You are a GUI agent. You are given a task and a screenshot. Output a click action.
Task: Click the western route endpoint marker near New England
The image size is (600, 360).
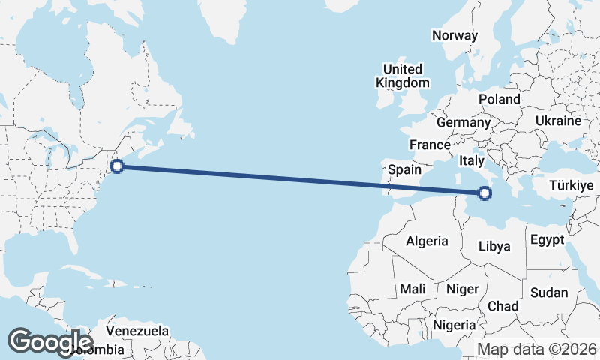click(x=116, y=166)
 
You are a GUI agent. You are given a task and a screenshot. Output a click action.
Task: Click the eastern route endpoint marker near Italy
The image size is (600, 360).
click(x=484, y=193)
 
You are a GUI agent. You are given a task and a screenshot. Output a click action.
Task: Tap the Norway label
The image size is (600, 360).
click(x=454, y=35)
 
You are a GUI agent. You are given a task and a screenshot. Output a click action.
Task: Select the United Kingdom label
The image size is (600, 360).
click(x=403, y=76)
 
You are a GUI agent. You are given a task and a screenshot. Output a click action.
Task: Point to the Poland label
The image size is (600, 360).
click(x=499, y=99)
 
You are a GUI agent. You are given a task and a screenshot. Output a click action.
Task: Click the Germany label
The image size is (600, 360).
click(x=463, y=122)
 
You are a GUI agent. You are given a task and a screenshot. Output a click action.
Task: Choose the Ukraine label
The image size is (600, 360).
click(x=558, y=121)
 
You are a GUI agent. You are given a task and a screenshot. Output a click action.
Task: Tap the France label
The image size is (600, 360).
click(x=430, y=145)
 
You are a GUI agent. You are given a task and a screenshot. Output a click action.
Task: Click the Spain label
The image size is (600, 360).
click(x=404, y=170)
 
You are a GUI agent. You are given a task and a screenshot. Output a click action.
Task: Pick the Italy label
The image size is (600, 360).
click(x=472, y=160)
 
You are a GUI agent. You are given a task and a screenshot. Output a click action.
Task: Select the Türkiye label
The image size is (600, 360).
click(x=571, y=185)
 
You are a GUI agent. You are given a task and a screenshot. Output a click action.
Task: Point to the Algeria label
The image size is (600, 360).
click(x=427, y=241)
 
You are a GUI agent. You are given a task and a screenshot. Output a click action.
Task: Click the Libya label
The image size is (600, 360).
click(x=494, y=246)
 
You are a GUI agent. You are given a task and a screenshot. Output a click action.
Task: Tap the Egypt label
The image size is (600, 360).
click(x=546, y=240)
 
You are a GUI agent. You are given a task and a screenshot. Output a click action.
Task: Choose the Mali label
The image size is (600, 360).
click(x=412, y=289)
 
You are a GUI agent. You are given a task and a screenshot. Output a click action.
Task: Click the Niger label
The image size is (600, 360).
click(x=462, y=289)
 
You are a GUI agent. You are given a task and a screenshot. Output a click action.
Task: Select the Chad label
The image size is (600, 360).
click(x=502, y=306)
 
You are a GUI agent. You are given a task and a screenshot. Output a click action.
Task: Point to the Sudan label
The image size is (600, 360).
click(x=548, y=292)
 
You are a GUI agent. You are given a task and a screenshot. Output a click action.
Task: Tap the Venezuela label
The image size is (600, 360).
click(x=136, y=331)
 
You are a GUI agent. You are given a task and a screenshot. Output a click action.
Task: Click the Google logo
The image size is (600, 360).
click(x=50, y=341)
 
